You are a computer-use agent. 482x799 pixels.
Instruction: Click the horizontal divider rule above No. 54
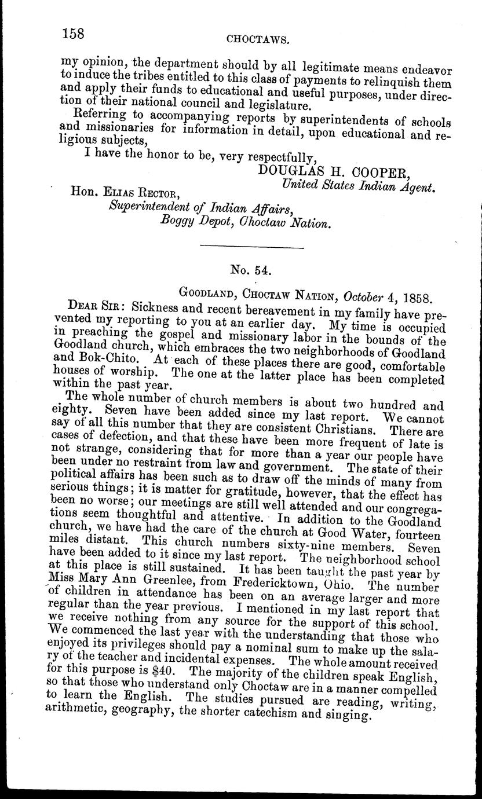251,248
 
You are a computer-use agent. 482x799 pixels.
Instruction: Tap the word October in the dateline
363,297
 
